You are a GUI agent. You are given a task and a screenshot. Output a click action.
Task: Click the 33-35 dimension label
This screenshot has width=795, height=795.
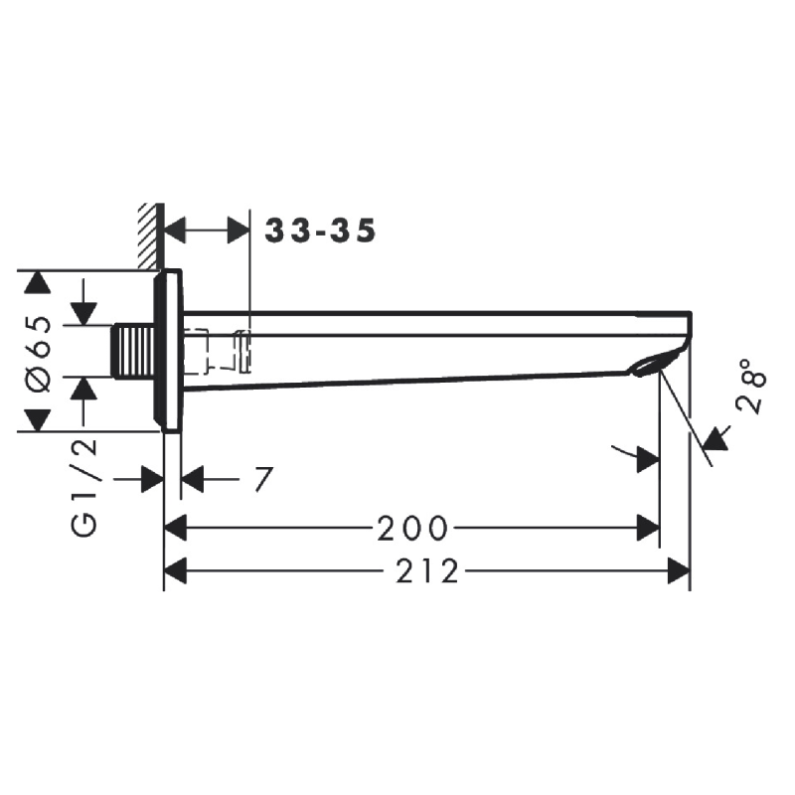[320, 232]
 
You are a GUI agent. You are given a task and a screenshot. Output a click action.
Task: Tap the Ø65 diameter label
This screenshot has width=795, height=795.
[39, 354]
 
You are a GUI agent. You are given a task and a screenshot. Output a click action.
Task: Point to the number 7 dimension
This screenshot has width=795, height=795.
[263, 479]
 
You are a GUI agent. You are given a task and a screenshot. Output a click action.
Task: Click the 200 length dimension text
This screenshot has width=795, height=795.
[412, 529]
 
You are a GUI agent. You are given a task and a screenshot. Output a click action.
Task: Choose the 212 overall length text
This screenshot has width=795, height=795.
[427, 570]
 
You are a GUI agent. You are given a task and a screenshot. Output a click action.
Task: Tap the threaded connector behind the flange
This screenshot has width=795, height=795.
[133, 351]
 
